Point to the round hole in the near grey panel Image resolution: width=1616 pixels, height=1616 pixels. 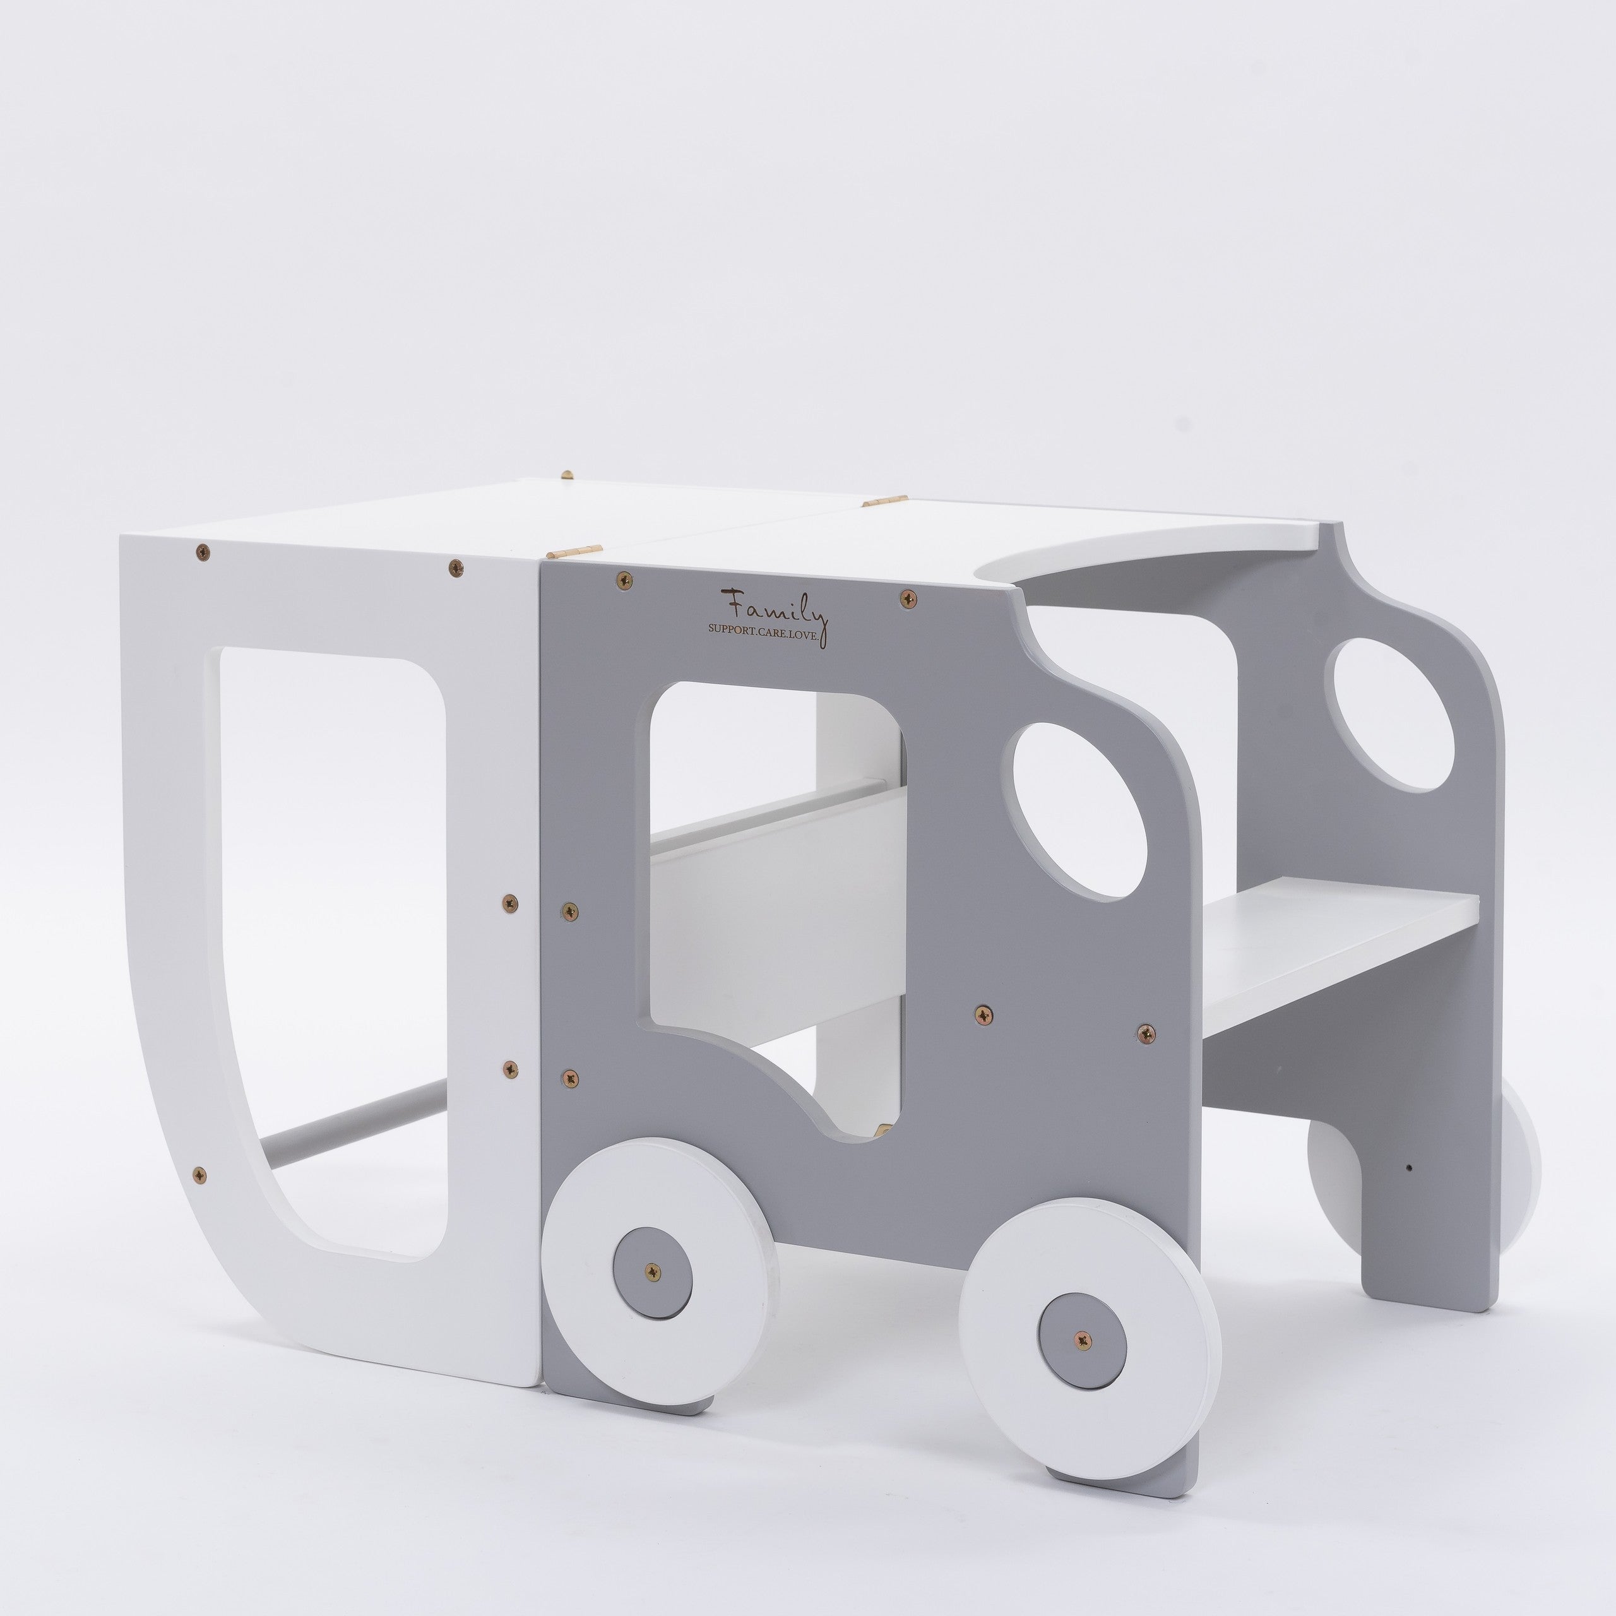[1078, 811]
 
